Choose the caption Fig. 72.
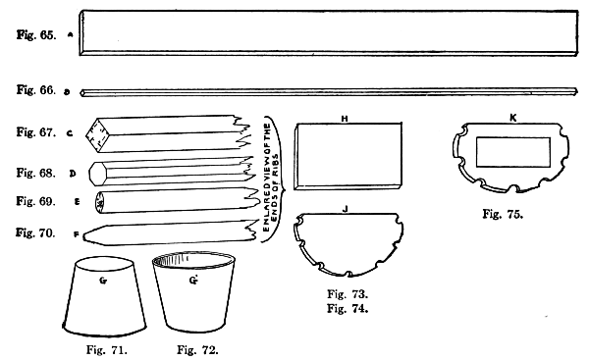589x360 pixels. [x=195, y=346]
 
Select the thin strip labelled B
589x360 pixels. [x=329, y=91]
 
